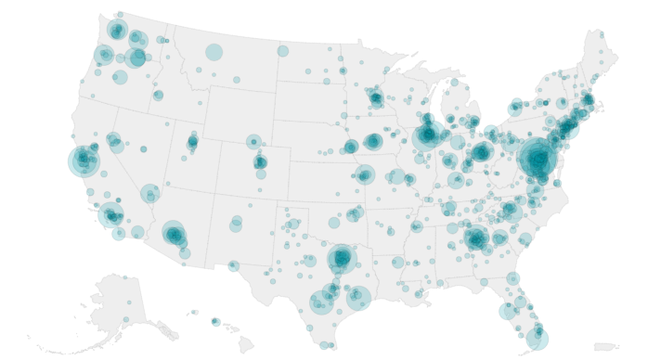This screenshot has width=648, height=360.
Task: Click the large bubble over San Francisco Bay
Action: (x=83, y=161)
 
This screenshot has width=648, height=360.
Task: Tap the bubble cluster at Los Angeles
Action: (x=110, y=216)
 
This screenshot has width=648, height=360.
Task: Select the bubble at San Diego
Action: (x=118, y=234)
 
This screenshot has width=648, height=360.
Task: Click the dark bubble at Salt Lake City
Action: (x=193, y=142)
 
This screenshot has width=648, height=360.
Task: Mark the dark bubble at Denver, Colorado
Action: (x=261, y=162)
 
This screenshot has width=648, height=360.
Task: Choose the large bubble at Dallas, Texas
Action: (x=342, y=257)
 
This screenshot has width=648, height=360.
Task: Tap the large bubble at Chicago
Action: (x=429, y=133)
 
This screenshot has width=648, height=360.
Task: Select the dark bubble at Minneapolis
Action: (x=375, y=97)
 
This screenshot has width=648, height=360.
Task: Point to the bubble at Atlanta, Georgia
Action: (x=476, y=238)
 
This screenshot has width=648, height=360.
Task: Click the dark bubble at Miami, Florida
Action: (x=539, y=339)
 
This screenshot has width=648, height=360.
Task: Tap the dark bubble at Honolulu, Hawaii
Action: (x=215, y=322)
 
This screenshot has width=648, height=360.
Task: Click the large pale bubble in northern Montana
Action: (x=214, y=52)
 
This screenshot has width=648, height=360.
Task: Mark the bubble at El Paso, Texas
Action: (x=233, y=266)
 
